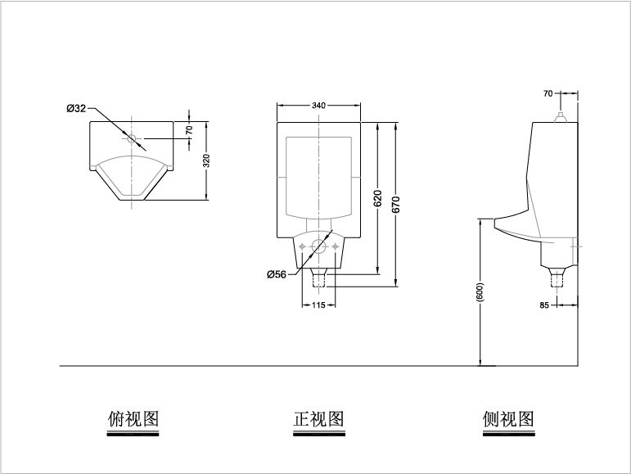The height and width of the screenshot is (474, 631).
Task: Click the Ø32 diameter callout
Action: pyautogui.click(x=76, y=108)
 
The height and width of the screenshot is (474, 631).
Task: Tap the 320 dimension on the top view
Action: pyautogui.click(x=206, y=160)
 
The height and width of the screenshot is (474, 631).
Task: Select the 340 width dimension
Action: pyautogui.click(x=318, y=106)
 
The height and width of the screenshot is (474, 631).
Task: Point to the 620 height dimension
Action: pyautogui.click(x=377, y=198)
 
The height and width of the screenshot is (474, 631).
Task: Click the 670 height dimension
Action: pyautogui.click(x=396, y=205)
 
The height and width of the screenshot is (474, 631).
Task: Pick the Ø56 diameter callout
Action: pyautogui.click(x=277, y=274)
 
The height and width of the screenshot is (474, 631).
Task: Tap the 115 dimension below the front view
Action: pyautogui.click(x=318, y=305)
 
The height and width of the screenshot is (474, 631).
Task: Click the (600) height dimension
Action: pyautogui.click(x=480, y=292)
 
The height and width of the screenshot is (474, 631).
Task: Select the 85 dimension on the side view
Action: pyautogui.click(x=544, y=305)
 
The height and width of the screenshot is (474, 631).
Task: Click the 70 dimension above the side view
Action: pyautogui.click(x=548, y=93)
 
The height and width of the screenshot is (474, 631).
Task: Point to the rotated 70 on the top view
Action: pyautogui.click(x=189, y=130)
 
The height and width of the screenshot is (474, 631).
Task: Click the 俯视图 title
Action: pyautogui.click(x=133, y=419)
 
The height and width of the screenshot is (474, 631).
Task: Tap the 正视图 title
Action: pyautogui.click(x=318, y=419)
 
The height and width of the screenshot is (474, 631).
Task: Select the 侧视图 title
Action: pyautogui.click(x=509, y=419)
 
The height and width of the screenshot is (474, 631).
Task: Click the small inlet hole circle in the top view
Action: pyautogui.click(x=132, y=138)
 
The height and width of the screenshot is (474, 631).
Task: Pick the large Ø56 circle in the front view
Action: pyautogui.click(x=318, y=246)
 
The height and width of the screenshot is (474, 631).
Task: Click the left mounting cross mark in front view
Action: pyautogui.click(x=302, y=246)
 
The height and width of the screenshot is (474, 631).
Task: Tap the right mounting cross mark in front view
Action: pyautogui.click(x=335, y=246)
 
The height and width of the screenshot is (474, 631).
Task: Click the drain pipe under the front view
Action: pyautogui.click(x=318, y=278)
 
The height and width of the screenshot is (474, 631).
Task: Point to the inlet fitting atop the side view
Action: pyautogui.click(x=560, y=117)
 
